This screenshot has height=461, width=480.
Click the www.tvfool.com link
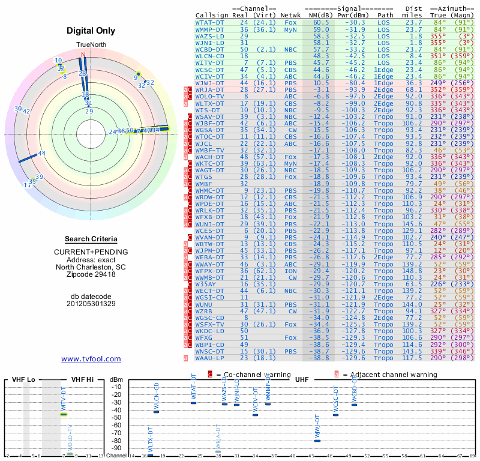[91, 359]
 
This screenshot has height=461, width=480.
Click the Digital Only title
[91, 31]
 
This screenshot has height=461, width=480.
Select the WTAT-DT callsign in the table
[209, 22]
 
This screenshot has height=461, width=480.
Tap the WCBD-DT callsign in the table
[209, 49]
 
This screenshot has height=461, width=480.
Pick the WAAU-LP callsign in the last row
[209, 358]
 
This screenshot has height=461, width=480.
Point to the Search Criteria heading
[91, 239]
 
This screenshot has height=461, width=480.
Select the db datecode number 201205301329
[91, 304]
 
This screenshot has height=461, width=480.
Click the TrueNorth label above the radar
[91, 45]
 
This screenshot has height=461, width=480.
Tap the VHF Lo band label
[23, 380]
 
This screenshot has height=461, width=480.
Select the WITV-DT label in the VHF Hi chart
[63, 399]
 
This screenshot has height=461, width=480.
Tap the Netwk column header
[291, 14]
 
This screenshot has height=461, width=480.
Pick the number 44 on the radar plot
[41, 154]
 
